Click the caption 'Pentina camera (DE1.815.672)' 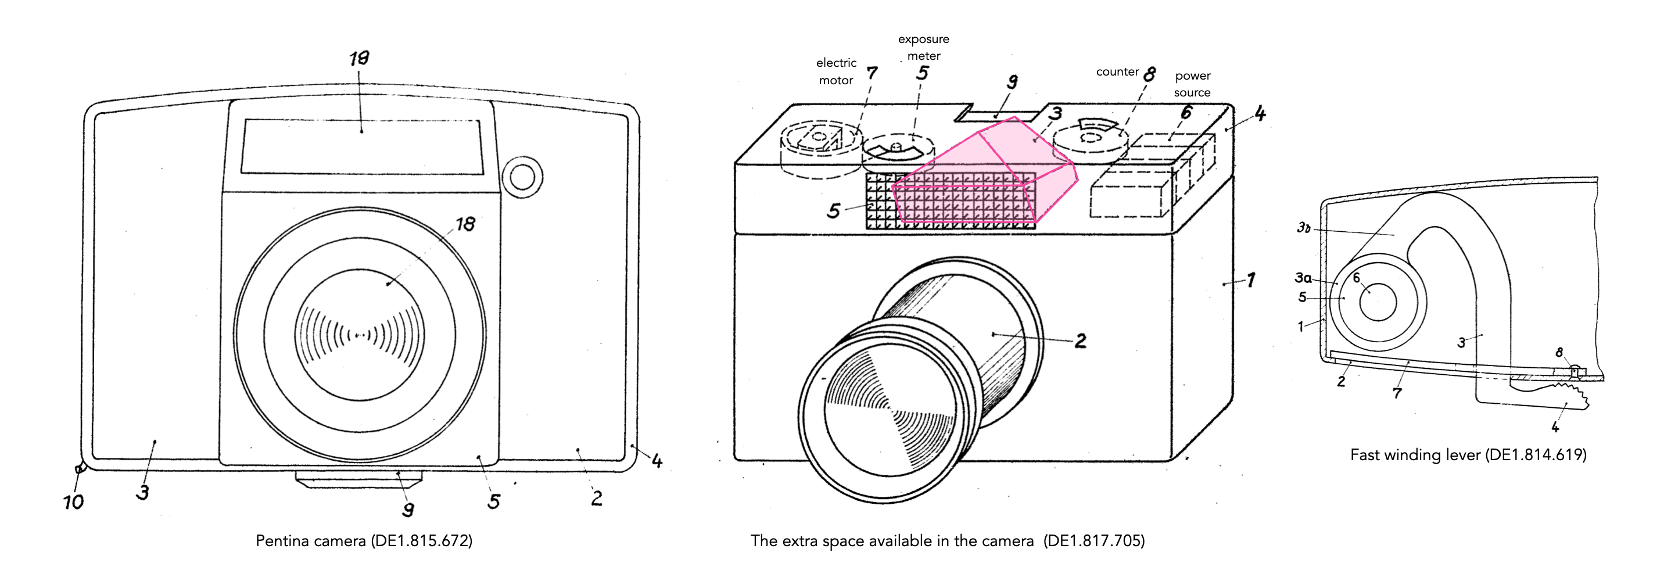(364, 541)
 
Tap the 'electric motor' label (836, 71)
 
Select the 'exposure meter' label (924, 47)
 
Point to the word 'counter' (1117, 71)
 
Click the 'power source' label (1192, 84)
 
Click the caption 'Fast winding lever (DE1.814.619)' (1468, 455)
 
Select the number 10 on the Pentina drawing (73, 502)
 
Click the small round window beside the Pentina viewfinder (522, 177)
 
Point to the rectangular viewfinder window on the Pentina (363, 146)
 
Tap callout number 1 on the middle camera (1251, 280)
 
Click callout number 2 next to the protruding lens (1080, 340)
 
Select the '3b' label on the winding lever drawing (1304, 227)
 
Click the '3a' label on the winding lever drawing (1303, 278)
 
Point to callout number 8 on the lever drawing (1559, 352)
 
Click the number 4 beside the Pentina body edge (657, 461)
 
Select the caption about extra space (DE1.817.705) (948, 541)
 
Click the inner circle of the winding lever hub (1378, 302)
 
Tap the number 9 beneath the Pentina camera (408, 510)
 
